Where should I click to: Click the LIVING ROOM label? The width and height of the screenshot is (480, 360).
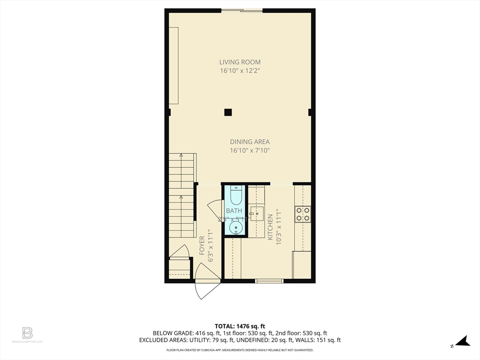240,62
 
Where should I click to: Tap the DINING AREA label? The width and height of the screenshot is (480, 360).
249,142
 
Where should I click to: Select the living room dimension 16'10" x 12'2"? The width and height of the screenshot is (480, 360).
240,71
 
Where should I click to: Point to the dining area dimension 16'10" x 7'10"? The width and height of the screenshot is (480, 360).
249,150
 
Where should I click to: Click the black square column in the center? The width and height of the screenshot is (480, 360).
228,112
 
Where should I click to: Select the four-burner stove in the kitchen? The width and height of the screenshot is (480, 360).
302,214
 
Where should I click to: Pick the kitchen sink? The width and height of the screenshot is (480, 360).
256,213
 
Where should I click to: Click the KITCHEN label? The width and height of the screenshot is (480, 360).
270,227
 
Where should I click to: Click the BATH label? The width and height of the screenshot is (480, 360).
234,211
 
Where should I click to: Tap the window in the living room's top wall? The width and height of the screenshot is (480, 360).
242,10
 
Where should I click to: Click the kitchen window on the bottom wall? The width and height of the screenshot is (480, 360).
269,281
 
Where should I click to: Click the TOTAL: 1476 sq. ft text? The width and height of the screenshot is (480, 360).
240,326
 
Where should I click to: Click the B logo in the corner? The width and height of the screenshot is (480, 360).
27,333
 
